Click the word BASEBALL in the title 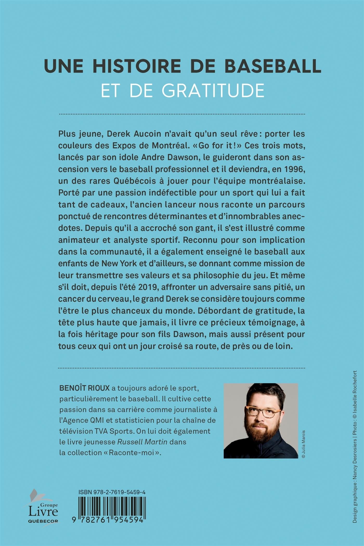[x=273, y=66]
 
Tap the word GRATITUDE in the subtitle [x=213, y=90]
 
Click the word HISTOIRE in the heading [x=136, y=66]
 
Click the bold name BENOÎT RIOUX [x=84, y=388]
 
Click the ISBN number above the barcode [x=112, y=492]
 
